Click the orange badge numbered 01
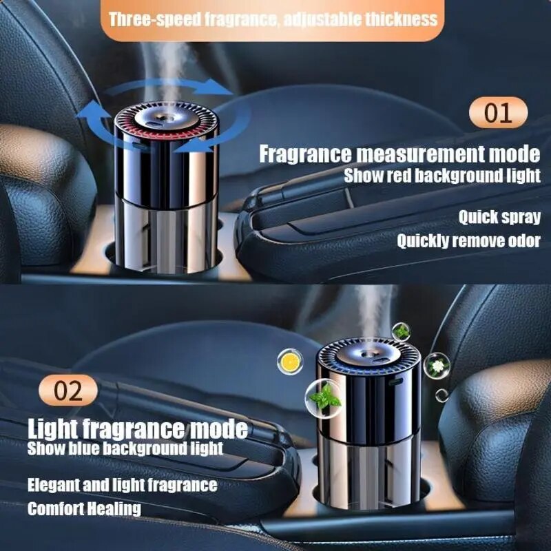(x=498, y=112)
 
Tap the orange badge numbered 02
(x=67, y=390)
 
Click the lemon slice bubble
(x=290, y=362)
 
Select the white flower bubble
(x=437, y=366)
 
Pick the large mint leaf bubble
(x=323, y=397)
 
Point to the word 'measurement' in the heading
(x=420, y=154)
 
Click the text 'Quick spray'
(x=499, y=217)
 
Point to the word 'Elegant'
(x=54, y=486)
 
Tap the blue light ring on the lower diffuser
(x=370, y=367)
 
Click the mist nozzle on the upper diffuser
(x=166, y=118)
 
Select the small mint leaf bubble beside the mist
(x=401, y=331)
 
